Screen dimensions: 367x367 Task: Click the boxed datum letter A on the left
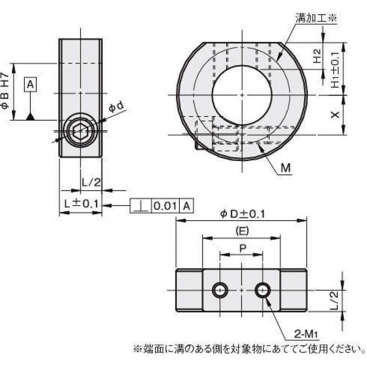(x=30, y=84)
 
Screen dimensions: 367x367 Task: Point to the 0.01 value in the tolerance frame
(x=165, y=206)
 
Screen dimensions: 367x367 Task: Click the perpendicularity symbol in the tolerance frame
(x=140, y=206)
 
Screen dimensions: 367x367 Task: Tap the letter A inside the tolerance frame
(x=186, y=206)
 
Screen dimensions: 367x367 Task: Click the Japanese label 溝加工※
(x=317, y=18)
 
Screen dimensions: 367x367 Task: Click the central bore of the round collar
(x=241, y=95)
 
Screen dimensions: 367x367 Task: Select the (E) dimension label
(x=242, y=230)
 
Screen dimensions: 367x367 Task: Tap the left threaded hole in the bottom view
(x=219, y=289)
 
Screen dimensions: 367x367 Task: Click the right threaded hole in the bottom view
(x=263, y=289)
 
